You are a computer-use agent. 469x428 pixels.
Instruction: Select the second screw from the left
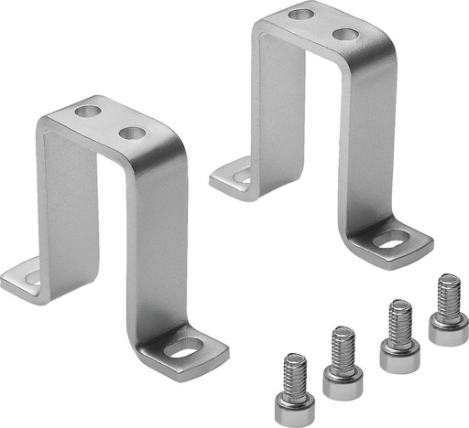point(342,356)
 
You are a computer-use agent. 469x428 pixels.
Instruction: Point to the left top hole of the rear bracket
point(300,14)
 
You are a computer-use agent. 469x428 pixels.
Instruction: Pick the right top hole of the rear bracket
point(344,35)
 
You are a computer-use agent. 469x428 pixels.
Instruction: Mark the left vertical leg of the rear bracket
point(275,101)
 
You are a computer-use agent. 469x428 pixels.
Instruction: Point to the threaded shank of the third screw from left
point(399,320)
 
